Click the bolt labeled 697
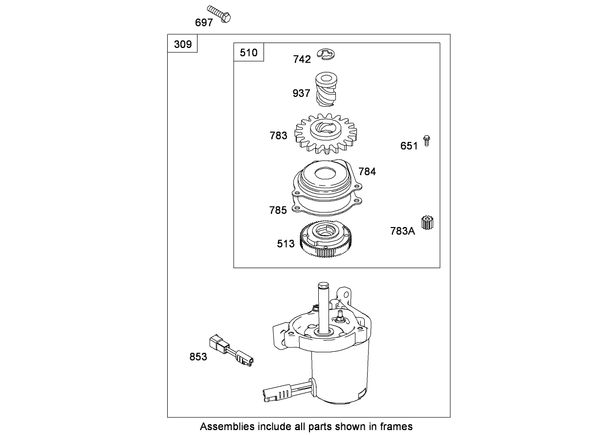click(x=219, y=14)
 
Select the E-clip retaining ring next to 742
click(x=326, y=54)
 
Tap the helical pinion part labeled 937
click(x=326, y=89)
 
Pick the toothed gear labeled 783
click(x=326, y=134)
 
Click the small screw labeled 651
click(x=426, y=141)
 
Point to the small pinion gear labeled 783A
click(x=427, y=223)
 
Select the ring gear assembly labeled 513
click(x=326, y=239)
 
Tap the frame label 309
click(x=183, y=44)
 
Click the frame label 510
click(x=248, y=52)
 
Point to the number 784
click(x=367, y=172)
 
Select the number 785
click(x=278, y=210)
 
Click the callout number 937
click(x=301, y=93)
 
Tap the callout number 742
click(x=302, y=59)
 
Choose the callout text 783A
click(x=403, y=231)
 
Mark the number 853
click(x=198, y=357)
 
